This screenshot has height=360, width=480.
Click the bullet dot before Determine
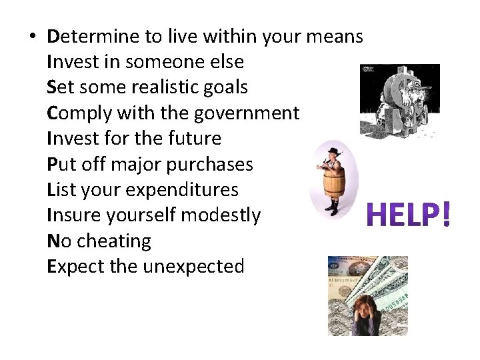33,37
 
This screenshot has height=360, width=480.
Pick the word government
247,113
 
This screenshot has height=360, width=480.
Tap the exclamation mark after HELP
446,214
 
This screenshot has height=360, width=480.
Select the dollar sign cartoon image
399,101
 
